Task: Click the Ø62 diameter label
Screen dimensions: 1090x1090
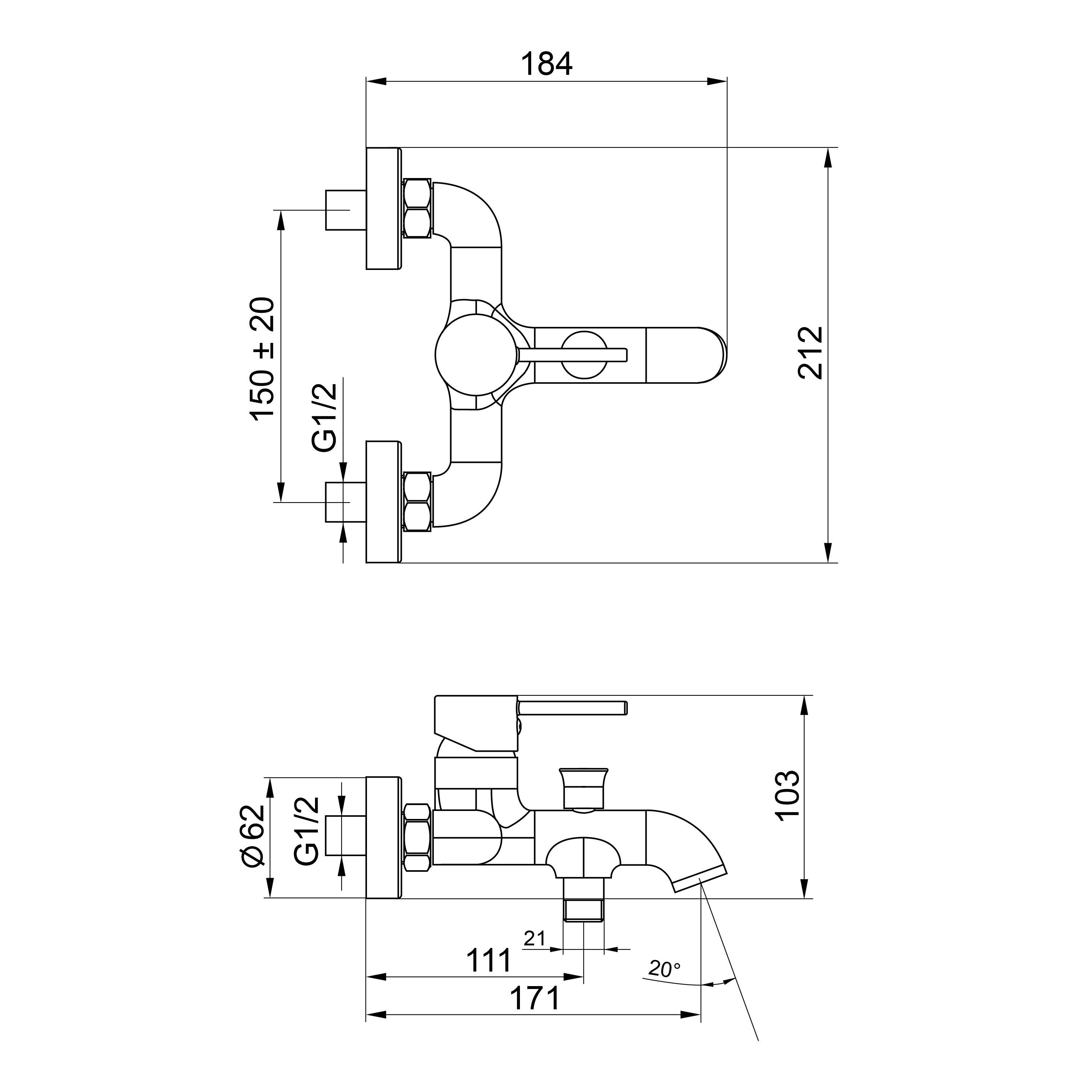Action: (252, 835)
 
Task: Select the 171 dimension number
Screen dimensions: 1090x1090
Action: (535, 998)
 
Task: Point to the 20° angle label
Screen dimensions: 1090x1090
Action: (664, 969)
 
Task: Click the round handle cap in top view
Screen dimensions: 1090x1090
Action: (477, 355)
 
